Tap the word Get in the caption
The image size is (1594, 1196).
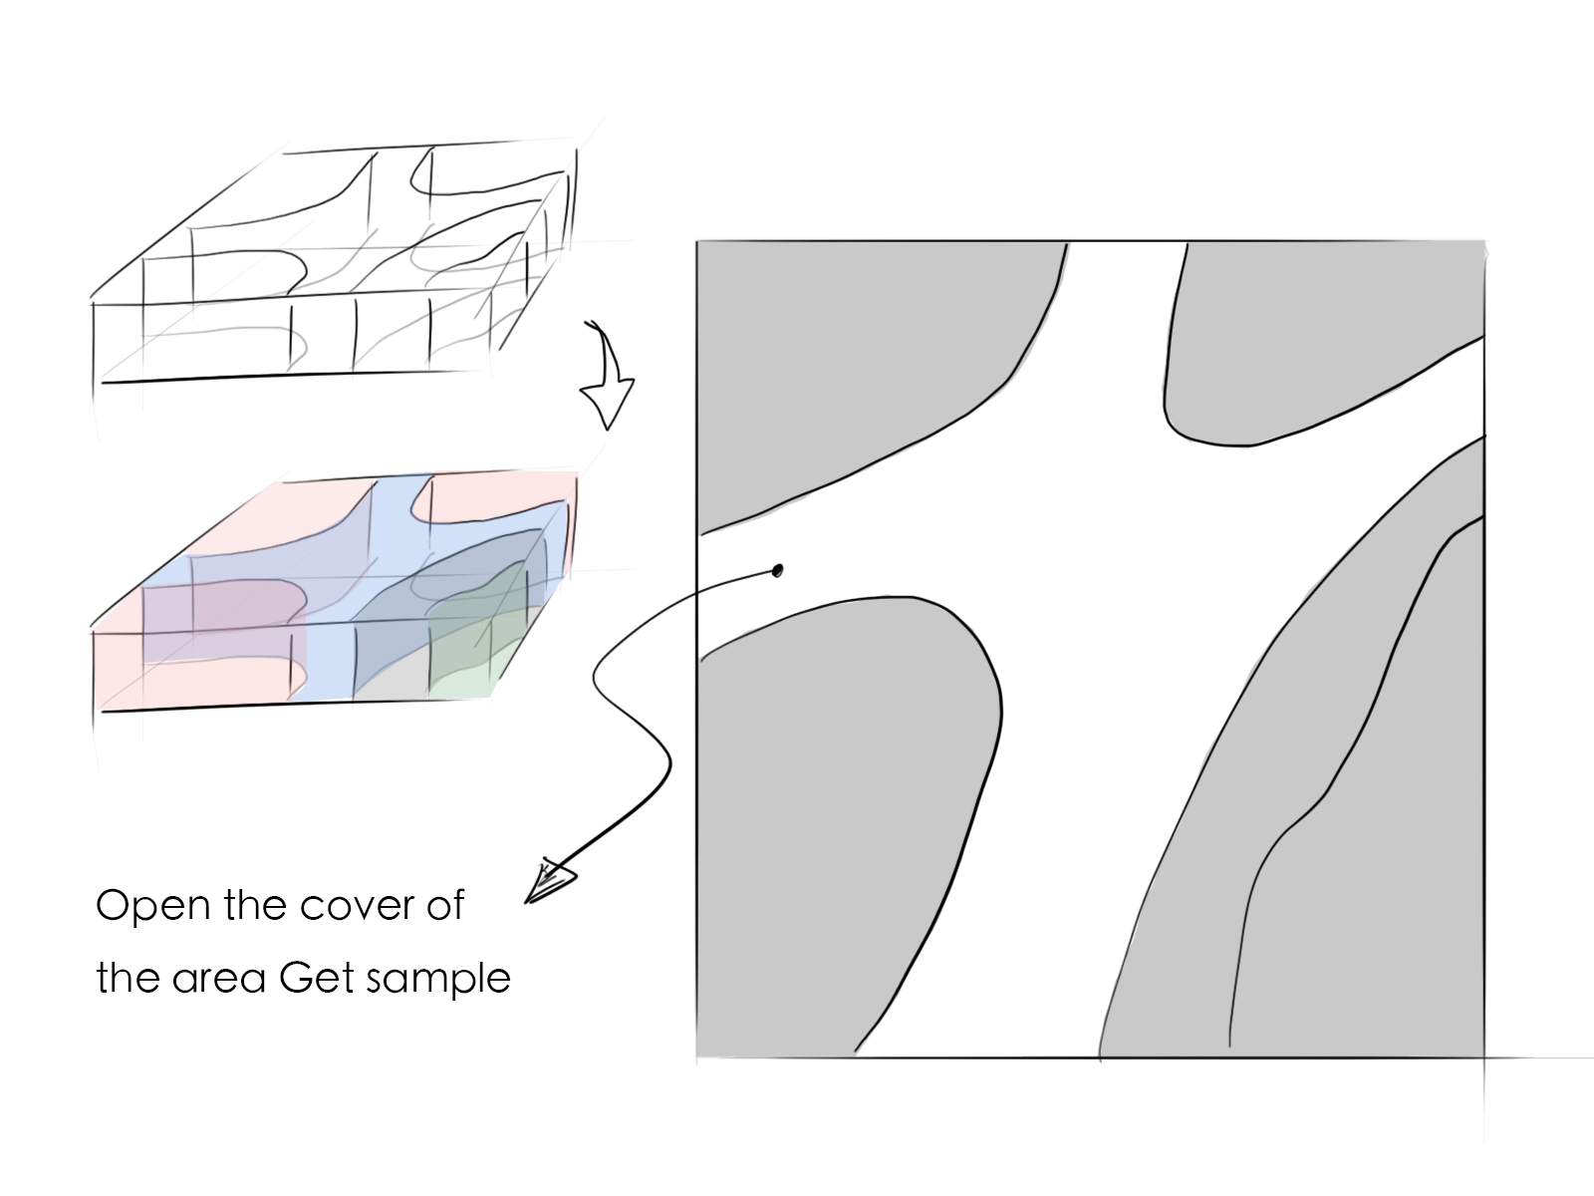317,978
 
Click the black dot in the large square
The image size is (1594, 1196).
778,571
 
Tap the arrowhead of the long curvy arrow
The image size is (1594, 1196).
550,882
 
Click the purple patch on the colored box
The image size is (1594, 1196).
225,617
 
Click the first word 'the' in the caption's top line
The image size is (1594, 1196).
256,905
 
